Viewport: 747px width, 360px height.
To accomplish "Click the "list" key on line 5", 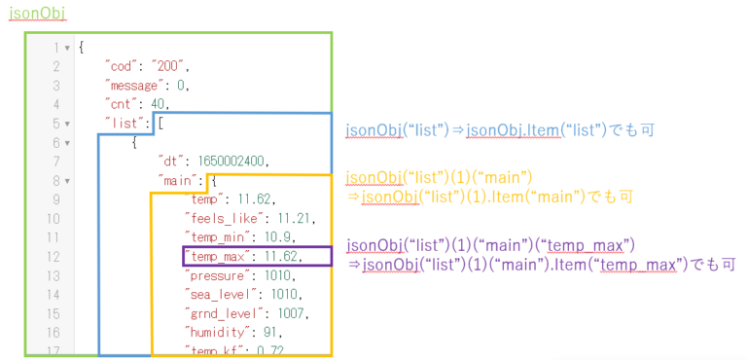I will tap(126, 124).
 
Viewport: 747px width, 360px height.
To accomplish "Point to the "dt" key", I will tap(172, 162).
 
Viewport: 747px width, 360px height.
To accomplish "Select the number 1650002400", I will tap(233, 162).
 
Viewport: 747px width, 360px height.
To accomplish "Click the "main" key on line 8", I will tap(180, 181).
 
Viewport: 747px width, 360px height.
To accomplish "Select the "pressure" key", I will tap(217, 275).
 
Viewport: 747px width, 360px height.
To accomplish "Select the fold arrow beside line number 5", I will tap(66, 124).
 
